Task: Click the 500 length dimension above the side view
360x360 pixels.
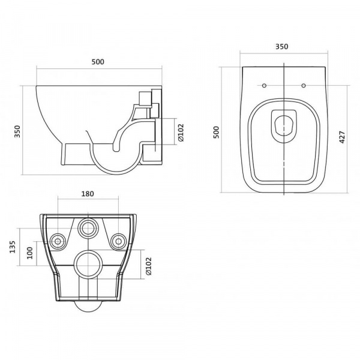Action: pos(98,62)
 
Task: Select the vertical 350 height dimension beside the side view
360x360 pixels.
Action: pos(17,131)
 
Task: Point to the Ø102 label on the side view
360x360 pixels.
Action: pos(181,133)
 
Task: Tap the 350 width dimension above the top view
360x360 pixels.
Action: pos(282,47)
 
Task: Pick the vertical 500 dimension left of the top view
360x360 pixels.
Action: pos(216,132)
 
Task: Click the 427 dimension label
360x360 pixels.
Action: pos(342,137)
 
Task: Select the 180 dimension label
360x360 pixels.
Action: pos(88,194)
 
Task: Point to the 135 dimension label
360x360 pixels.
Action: pos(13,247)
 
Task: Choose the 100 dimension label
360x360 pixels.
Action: pos(30,253)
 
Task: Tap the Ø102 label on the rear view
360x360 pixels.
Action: pos(149,266)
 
